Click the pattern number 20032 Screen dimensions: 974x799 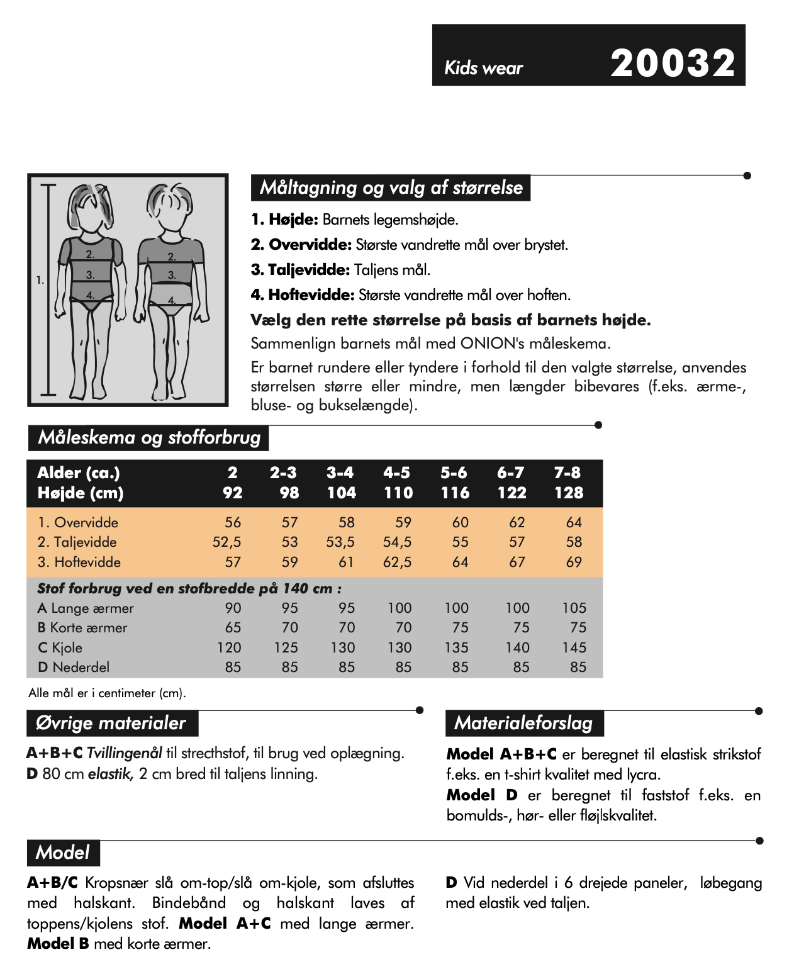coord(673,63)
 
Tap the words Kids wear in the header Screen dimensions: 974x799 coord(483,68)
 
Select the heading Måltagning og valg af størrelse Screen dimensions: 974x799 coord(391,188)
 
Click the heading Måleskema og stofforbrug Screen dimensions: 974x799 coord(149,437)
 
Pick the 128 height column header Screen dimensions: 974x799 coord(569,493)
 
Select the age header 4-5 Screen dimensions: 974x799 coord(396,473)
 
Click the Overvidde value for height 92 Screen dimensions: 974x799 coord(233,522)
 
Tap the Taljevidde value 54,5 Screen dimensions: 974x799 coord(398,542)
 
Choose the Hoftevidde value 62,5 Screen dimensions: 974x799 coord(398,562)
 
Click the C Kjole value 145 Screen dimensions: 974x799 coord(574,647)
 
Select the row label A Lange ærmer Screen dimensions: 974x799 coord(86,608)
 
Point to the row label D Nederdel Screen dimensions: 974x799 coord(74,667)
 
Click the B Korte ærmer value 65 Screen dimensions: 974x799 coord(233,627)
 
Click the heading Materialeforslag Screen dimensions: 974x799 coord(523,723)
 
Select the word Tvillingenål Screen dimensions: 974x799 coord(125,753)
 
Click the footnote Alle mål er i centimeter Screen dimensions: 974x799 coord(107,693)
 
